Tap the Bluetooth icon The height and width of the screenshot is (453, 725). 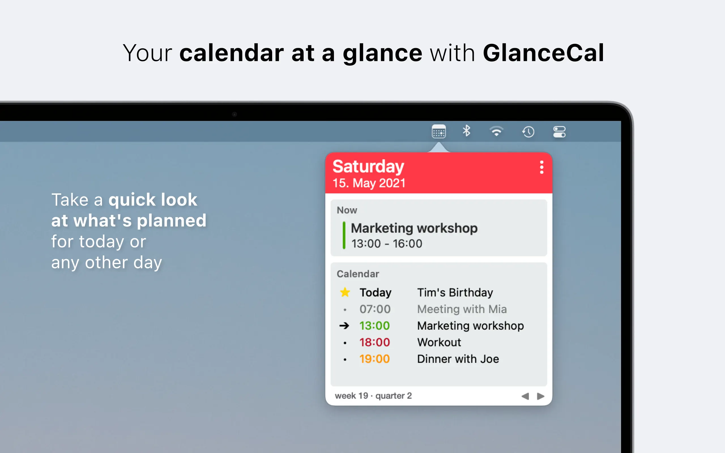point(466,131)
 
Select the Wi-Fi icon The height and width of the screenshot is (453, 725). point(496,131)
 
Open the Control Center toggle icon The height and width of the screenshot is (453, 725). point(559,132)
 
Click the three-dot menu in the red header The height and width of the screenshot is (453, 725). point(542,167)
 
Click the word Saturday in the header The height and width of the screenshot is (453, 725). point(368,166)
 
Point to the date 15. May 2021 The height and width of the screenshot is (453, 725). point(369,183)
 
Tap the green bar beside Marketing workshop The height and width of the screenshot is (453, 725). point(344,235)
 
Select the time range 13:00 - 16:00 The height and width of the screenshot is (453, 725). point(387,243)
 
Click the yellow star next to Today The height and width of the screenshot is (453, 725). point(345,292)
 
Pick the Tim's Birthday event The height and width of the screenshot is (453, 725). point(455,292)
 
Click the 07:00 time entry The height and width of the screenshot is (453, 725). point(375,309)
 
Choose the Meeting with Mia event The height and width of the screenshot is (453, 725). point(462,309)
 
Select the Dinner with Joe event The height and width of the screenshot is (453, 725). point(458,359)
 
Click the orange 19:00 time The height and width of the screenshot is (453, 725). point(375,359)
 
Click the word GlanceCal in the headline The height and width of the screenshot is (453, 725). point(543,53)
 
